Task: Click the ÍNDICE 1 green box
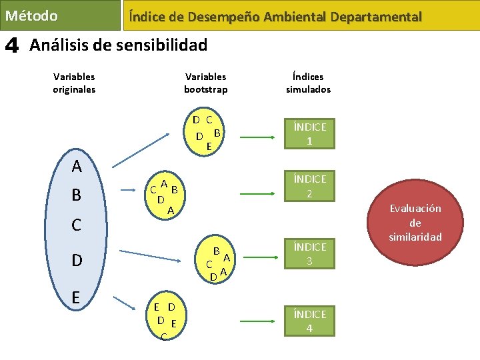tap(309, 133)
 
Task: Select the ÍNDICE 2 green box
tap(309, 186)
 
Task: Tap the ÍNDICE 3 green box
tap(309, 253)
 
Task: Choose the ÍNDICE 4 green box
tap(309, 321)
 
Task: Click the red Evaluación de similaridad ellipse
tap(415, 223)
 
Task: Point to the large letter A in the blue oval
tap(77, 166)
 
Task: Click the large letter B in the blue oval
tap(77, 195)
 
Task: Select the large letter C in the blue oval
tap(77, 225)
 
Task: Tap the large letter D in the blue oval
tap(77, 260)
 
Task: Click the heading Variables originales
tap(74, 83)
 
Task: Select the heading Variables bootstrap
tap(206, 83)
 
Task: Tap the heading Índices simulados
tap(308, 83)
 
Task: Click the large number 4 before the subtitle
tap(12, 45)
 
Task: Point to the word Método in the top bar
tap(31, 15)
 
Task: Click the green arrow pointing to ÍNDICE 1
tap(255, 138)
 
